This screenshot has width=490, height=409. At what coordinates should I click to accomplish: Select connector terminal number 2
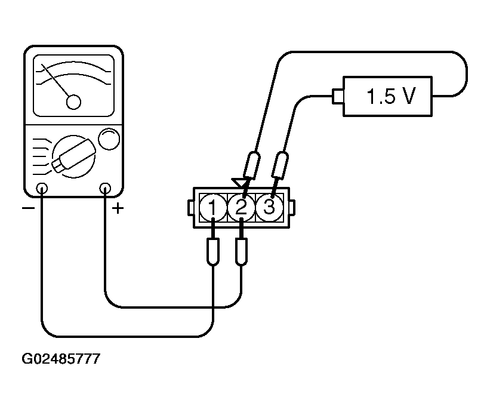[x=241, y=207]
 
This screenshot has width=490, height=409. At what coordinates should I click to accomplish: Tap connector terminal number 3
[x=269, y=207]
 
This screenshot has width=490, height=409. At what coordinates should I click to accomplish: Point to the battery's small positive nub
[x=337, y=94]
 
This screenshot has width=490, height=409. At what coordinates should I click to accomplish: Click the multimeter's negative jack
[x=42, y=189]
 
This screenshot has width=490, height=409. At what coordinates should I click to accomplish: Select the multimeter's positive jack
[x=106, y=189]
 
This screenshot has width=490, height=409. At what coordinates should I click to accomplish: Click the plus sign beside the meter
[x=118, y=209]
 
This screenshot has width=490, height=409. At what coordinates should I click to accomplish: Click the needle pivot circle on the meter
[x=73, y=102]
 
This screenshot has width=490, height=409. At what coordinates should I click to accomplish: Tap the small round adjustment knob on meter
[x=107, y=140]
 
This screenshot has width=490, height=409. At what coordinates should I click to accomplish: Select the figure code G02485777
[x=61, y=359]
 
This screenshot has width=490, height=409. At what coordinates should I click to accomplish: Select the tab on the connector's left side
[x=190, y=207]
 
